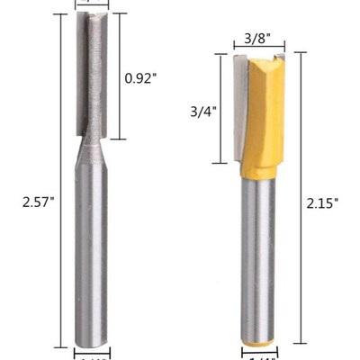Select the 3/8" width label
[256, 38]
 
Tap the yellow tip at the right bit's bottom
[256, 341]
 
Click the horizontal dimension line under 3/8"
[256, 49]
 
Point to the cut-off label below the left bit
[90, 356]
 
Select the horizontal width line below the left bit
[90, 348]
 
